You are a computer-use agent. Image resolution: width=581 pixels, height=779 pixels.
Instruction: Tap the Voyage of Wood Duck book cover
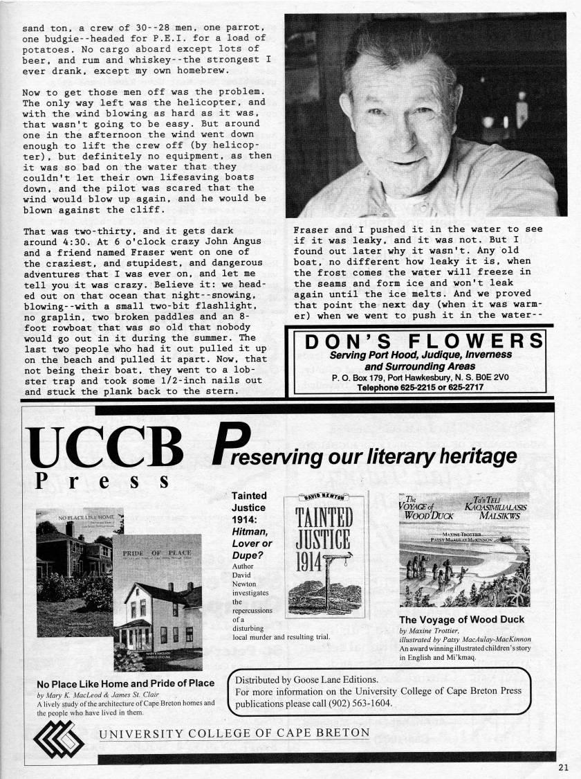tap(464, 548)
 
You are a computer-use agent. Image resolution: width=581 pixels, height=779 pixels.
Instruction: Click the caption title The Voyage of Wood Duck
tap(462, 619)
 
